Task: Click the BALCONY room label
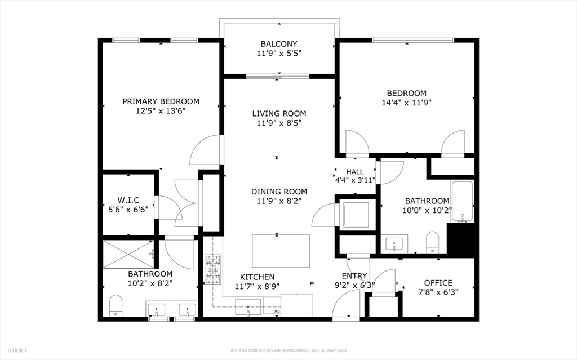279,44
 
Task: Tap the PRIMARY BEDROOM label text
161,101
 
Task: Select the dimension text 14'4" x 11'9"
407,103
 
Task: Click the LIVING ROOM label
279,113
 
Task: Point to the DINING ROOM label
279,192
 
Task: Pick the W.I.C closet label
128,200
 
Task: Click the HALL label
355,171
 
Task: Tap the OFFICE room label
438,283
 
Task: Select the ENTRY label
354,275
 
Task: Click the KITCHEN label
257,277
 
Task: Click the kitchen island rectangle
281,251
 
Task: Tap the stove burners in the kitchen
214,269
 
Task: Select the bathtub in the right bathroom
462,202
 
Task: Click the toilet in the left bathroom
116,305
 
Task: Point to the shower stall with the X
128,254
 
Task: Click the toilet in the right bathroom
432,242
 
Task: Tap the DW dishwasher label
277,312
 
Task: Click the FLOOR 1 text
17,350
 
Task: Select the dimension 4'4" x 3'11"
355,180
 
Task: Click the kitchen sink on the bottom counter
248,308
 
